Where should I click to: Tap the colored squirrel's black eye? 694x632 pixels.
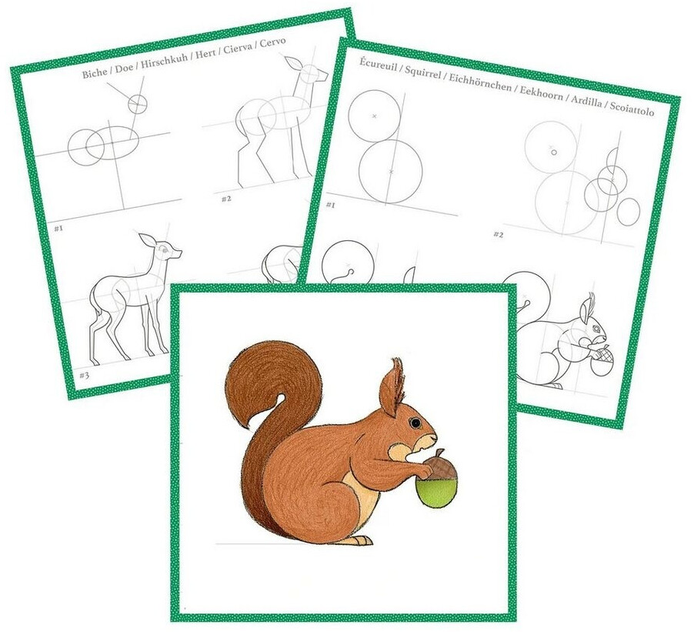pyautogui.click(x=415, y=423)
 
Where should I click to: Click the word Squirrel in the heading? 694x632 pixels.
pyautogui.click(x=422, y=72)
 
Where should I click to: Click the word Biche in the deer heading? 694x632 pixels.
pyautogui.click(x=95, y=72)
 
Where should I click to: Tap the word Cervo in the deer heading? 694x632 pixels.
pyautogui.click(x=272, y=42)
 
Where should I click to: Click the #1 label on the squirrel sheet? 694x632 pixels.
pyautogui.click(x=331, y=205)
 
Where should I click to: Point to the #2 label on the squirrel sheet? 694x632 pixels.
pyautogui.click(x=499, y=234)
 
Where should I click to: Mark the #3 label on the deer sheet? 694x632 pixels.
pyautogui.click(x=84, y=376)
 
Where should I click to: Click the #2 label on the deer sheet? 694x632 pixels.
pyautogui.click(x=227, y=199)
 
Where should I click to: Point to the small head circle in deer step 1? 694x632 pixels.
pyautogui.click(x=137, y=104)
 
